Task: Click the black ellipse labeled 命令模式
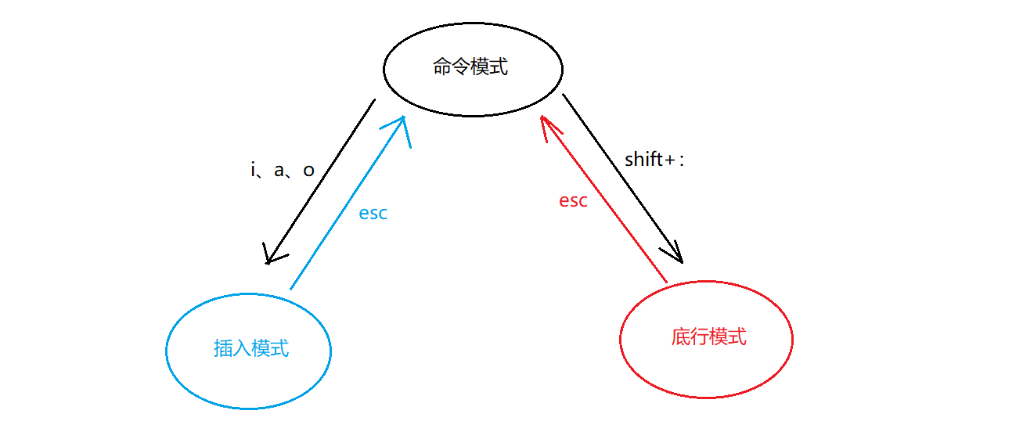coord(473,67)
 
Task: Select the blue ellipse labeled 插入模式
coord(249,348)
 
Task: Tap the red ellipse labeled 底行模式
coord(706,337)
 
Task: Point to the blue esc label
coord(373,214)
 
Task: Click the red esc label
coord(573,200)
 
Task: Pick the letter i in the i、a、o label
coord(254,169)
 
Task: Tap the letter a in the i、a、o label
coord(279,170)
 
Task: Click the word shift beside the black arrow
coord(643,159)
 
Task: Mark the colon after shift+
coord(682,160)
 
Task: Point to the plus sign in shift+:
coord(670,160)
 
